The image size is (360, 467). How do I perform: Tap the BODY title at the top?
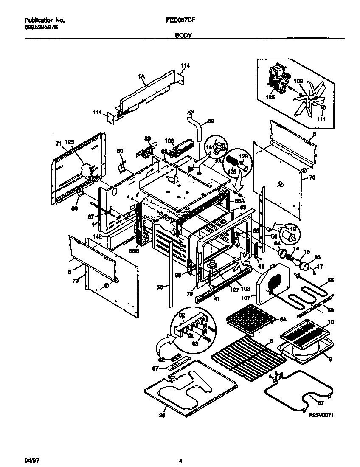point(184,36)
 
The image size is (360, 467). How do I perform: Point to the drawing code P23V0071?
point(321,416)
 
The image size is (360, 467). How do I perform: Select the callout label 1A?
point(141,76)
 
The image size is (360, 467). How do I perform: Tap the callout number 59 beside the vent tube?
point(211,121)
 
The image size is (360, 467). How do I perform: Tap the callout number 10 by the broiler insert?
point(331,322)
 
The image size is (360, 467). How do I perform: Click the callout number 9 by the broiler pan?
point(330,359)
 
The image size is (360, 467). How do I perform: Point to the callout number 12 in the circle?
point(292,229)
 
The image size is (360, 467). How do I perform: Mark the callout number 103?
point(246,288)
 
